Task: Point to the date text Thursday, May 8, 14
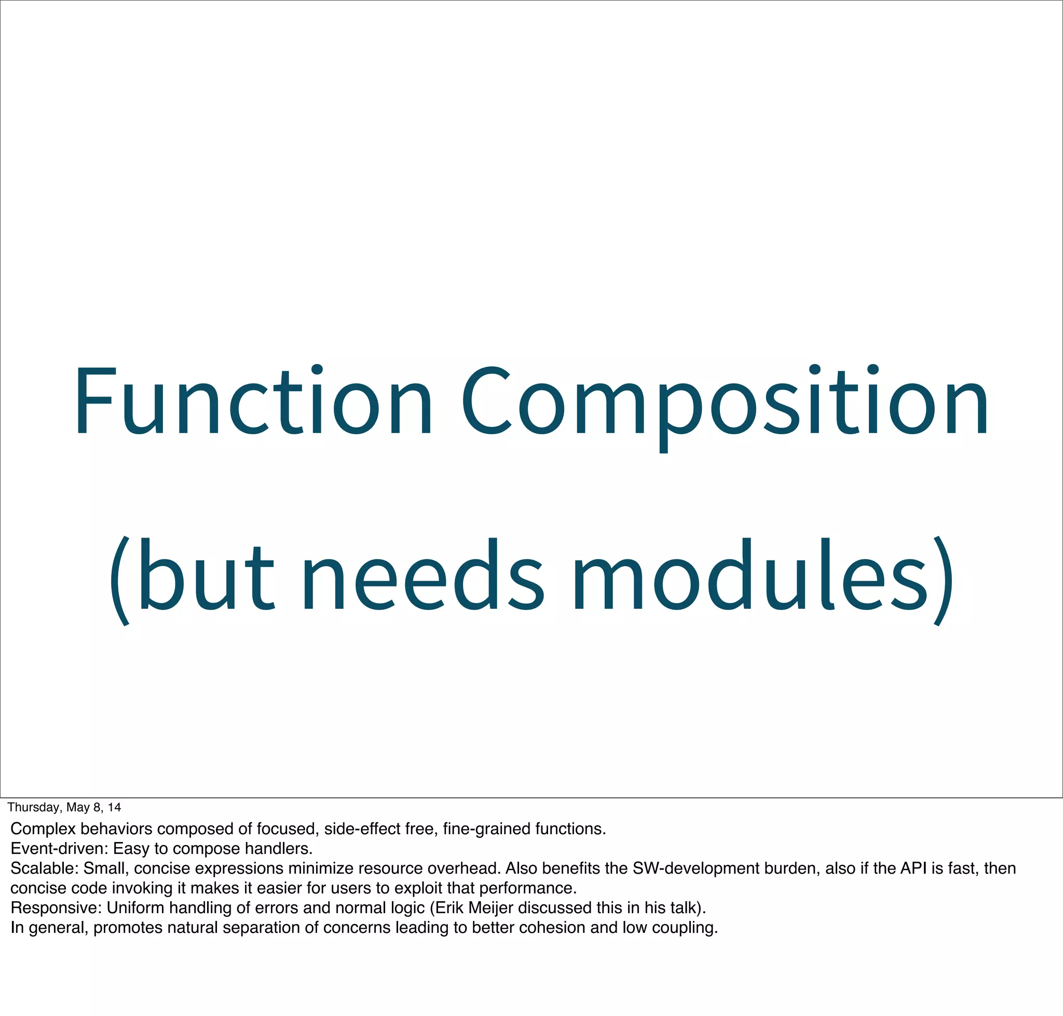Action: pyautogui.click(x=64, y=808)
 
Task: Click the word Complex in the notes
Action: pyautogui.click(x=43, y=829)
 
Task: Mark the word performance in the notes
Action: pyautogui.click(x=527, y=888)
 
